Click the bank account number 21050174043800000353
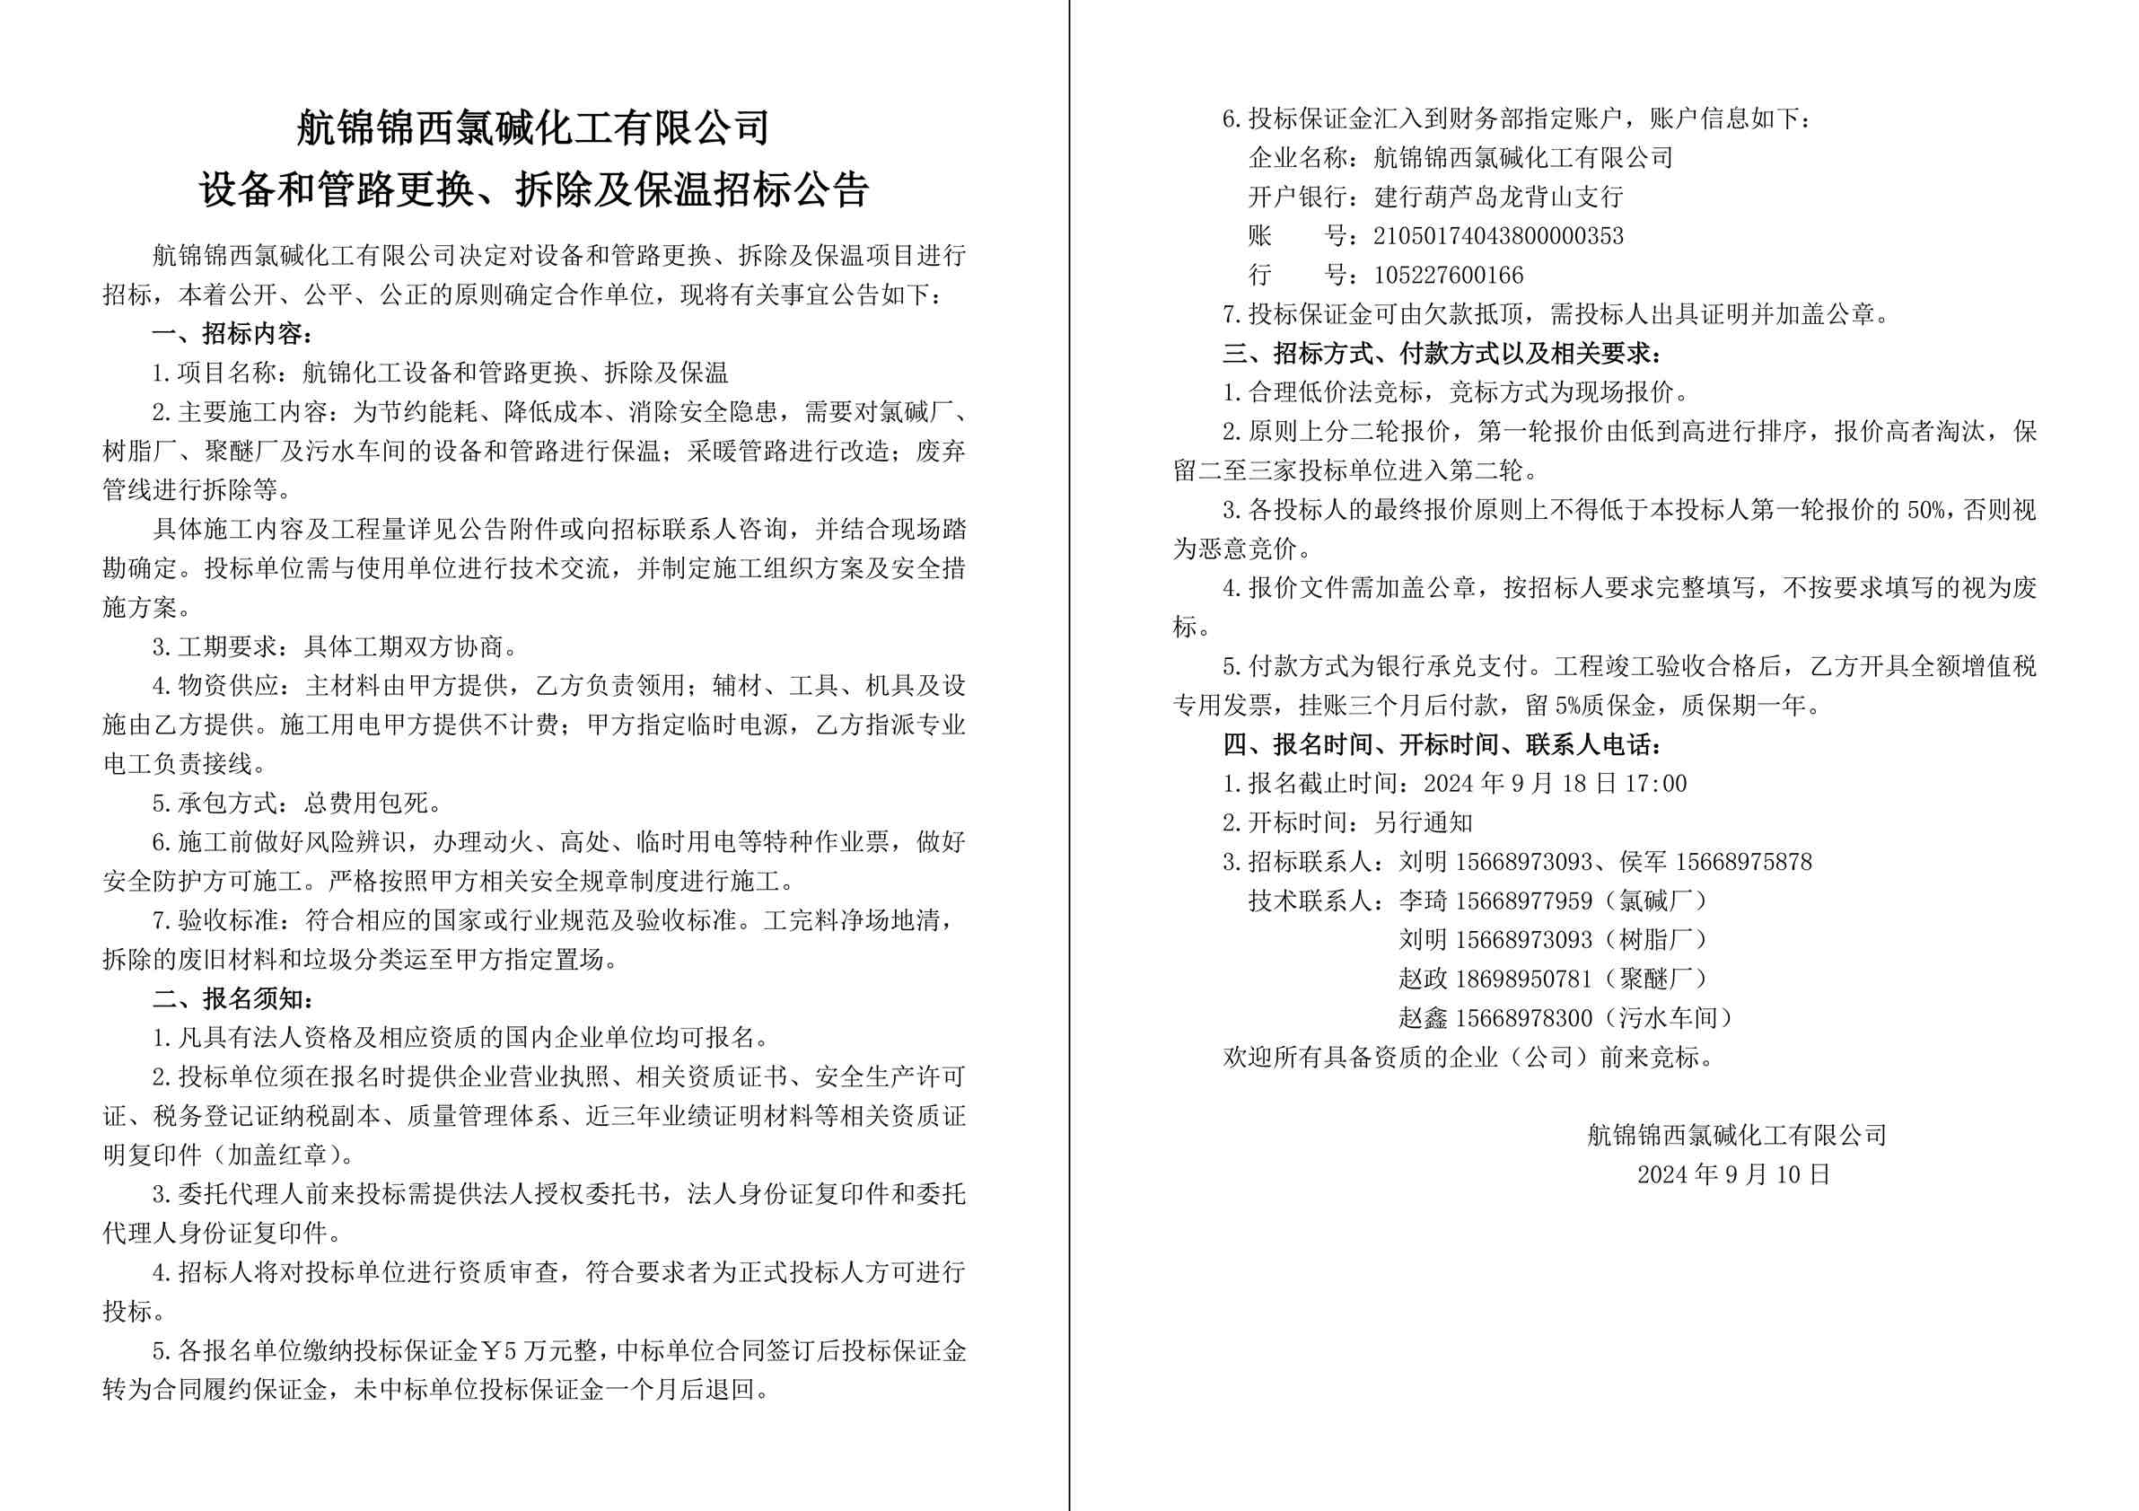tap(1498, 237)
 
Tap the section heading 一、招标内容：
tap(232, 333)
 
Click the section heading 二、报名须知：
tap(232, 998)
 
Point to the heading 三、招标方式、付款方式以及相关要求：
tap(1442, 354)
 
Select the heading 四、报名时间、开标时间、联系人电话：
tap(1442, 744)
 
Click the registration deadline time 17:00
tap(1655, 784)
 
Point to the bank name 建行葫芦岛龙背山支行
tap(1498, 198)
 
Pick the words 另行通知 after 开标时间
tap(1424, 822)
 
